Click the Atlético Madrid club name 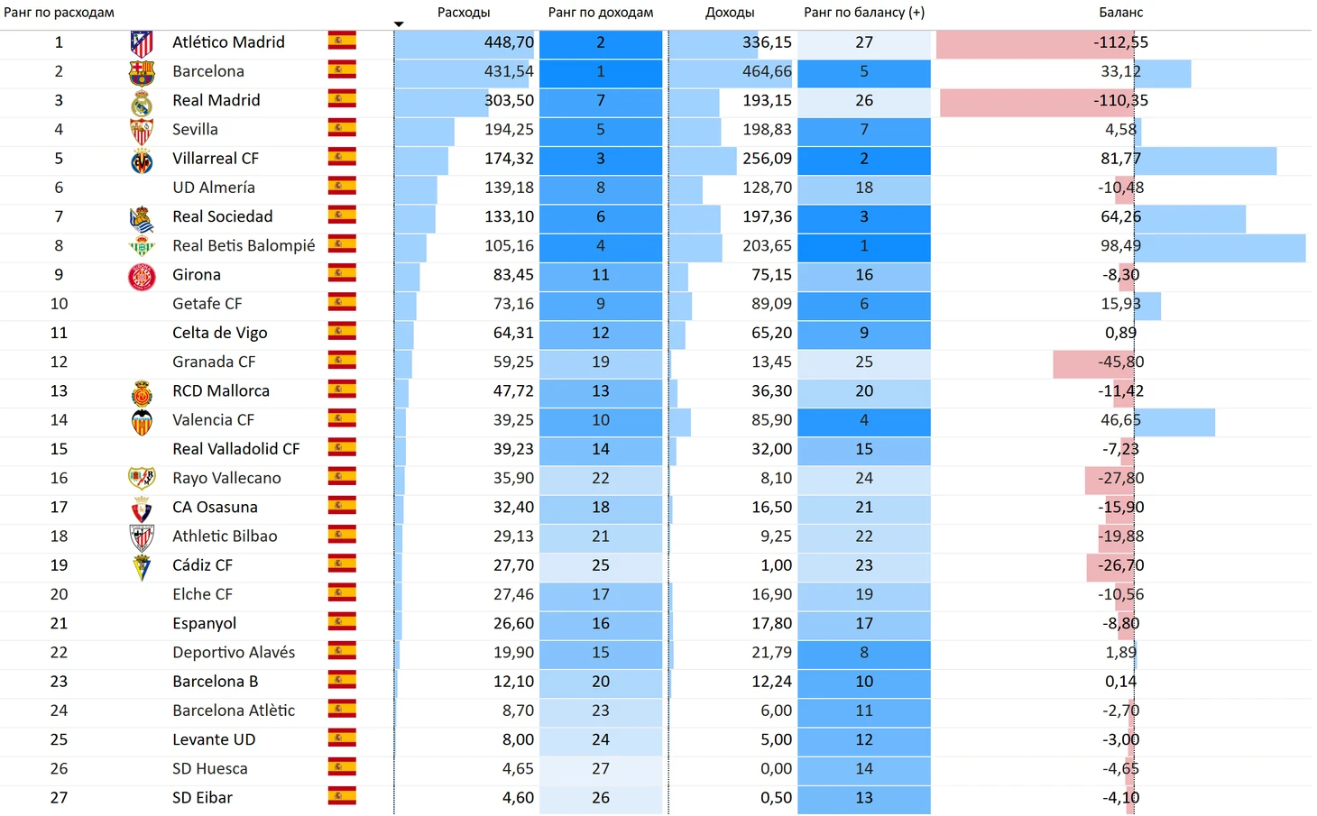(228, 42)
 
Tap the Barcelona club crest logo (142, 72)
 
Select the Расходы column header (464, 13)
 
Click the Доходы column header (730, 13)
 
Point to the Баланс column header (1120, 13)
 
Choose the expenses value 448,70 (509, 42)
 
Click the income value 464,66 (767, 71)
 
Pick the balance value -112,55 (1120, 42)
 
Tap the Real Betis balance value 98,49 (1120, 245)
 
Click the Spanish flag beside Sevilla (342, 129)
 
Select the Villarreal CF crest (142, 160)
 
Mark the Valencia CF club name (213, 420)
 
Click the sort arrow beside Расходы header (399, 24)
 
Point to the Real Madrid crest (142, 101)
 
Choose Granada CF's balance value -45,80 (1120, 362)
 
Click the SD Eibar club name (202, 798)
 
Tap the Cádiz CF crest (142, 566)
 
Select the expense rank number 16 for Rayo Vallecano (59, 478)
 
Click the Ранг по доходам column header (601, 13)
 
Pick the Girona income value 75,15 (771, 275)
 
